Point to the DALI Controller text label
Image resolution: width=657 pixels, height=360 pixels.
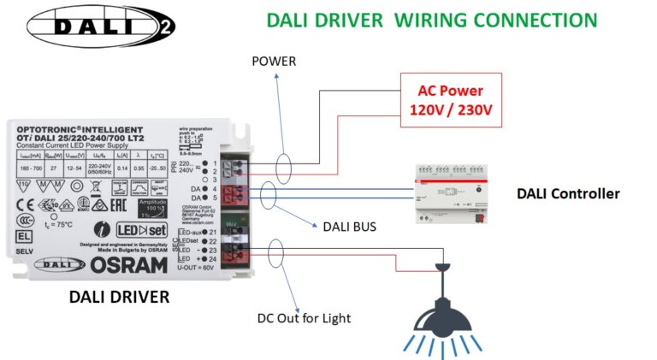(x=568, y=194)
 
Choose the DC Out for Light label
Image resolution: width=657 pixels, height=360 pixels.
(x=304, y=318)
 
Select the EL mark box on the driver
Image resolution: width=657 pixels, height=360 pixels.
(x=25, y=232)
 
